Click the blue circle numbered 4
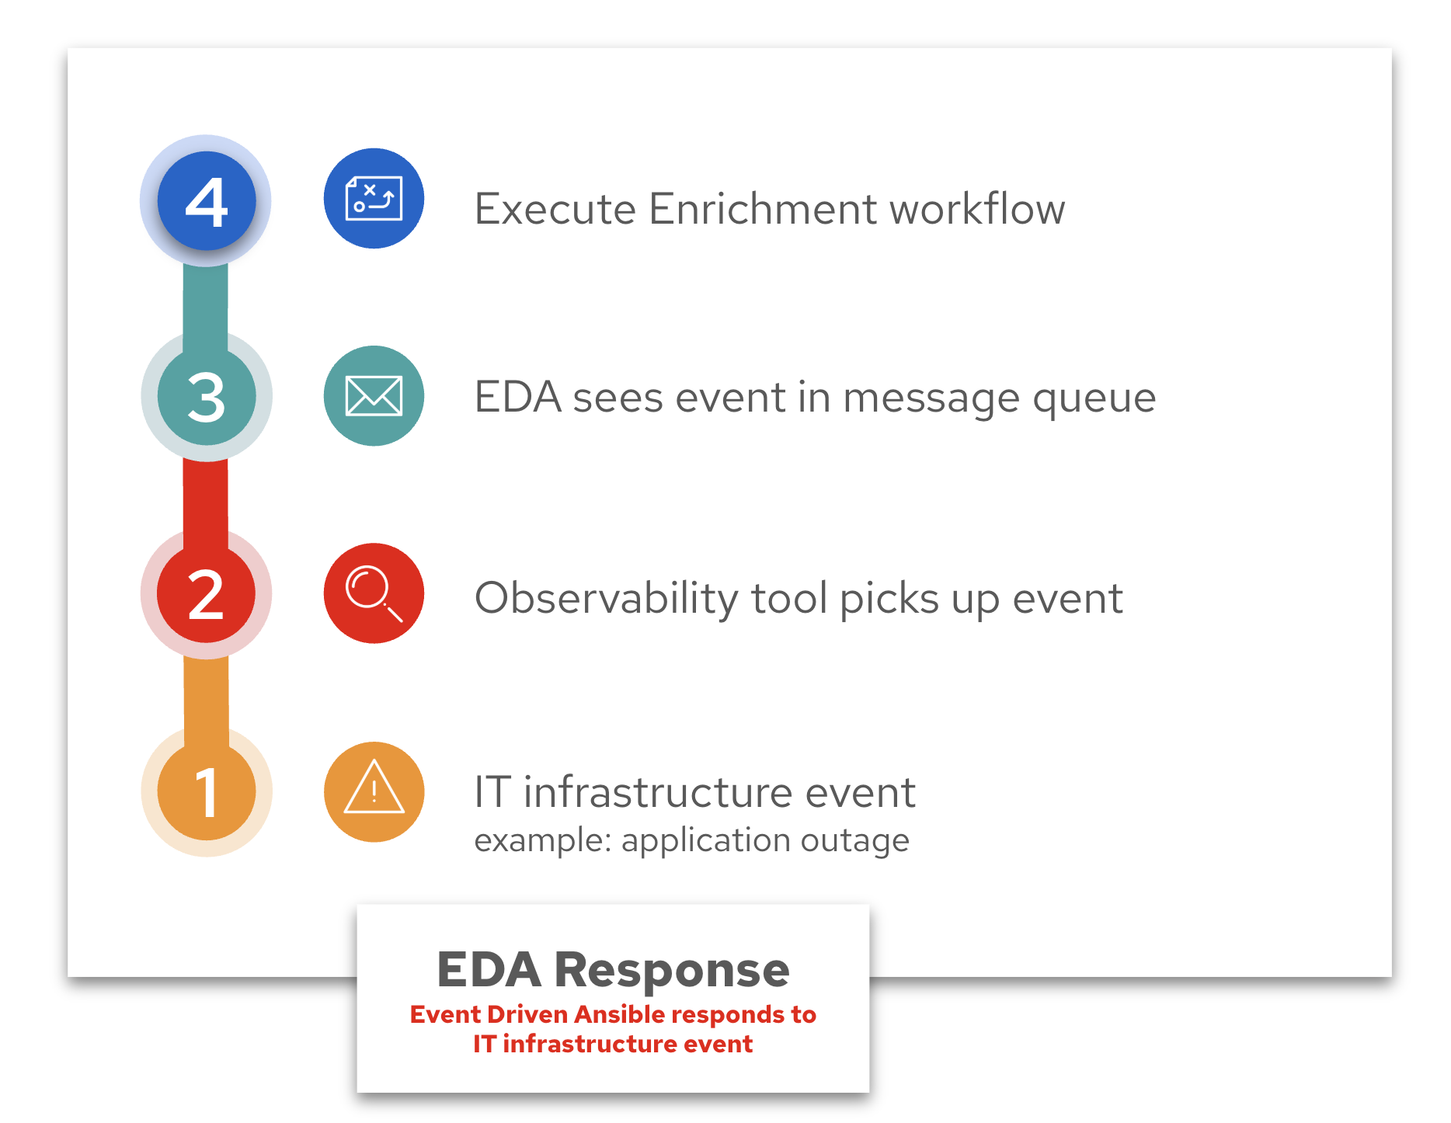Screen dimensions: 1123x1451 coord(207,201)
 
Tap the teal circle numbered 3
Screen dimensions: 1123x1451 coord(207,396)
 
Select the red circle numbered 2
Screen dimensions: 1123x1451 coord(207,594)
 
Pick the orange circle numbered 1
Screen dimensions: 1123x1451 coord(207,791)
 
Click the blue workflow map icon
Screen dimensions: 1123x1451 coord(374,199)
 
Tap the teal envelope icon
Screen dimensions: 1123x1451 coord(374,396)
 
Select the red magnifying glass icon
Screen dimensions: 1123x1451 coord(374,593)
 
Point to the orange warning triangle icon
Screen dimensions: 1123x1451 coord(374,791)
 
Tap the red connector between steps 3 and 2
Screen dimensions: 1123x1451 coord(206,497)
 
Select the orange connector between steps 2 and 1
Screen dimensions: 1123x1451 coord(206,694)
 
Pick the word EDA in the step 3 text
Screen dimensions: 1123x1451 coord(517,398)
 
